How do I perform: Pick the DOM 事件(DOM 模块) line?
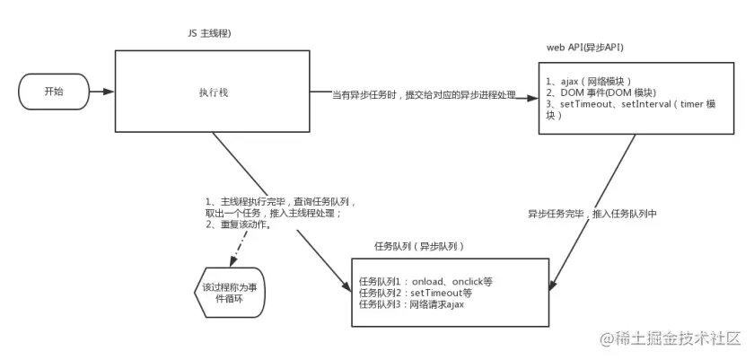601,92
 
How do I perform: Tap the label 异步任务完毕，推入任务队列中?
592,215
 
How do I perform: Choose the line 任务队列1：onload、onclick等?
425,281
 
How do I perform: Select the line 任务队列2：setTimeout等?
415,293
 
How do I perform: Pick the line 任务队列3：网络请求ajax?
411,304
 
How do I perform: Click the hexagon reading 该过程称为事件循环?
230,294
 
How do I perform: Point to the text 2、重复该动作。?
239,224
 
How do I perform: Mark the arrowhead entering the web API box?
532,95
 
